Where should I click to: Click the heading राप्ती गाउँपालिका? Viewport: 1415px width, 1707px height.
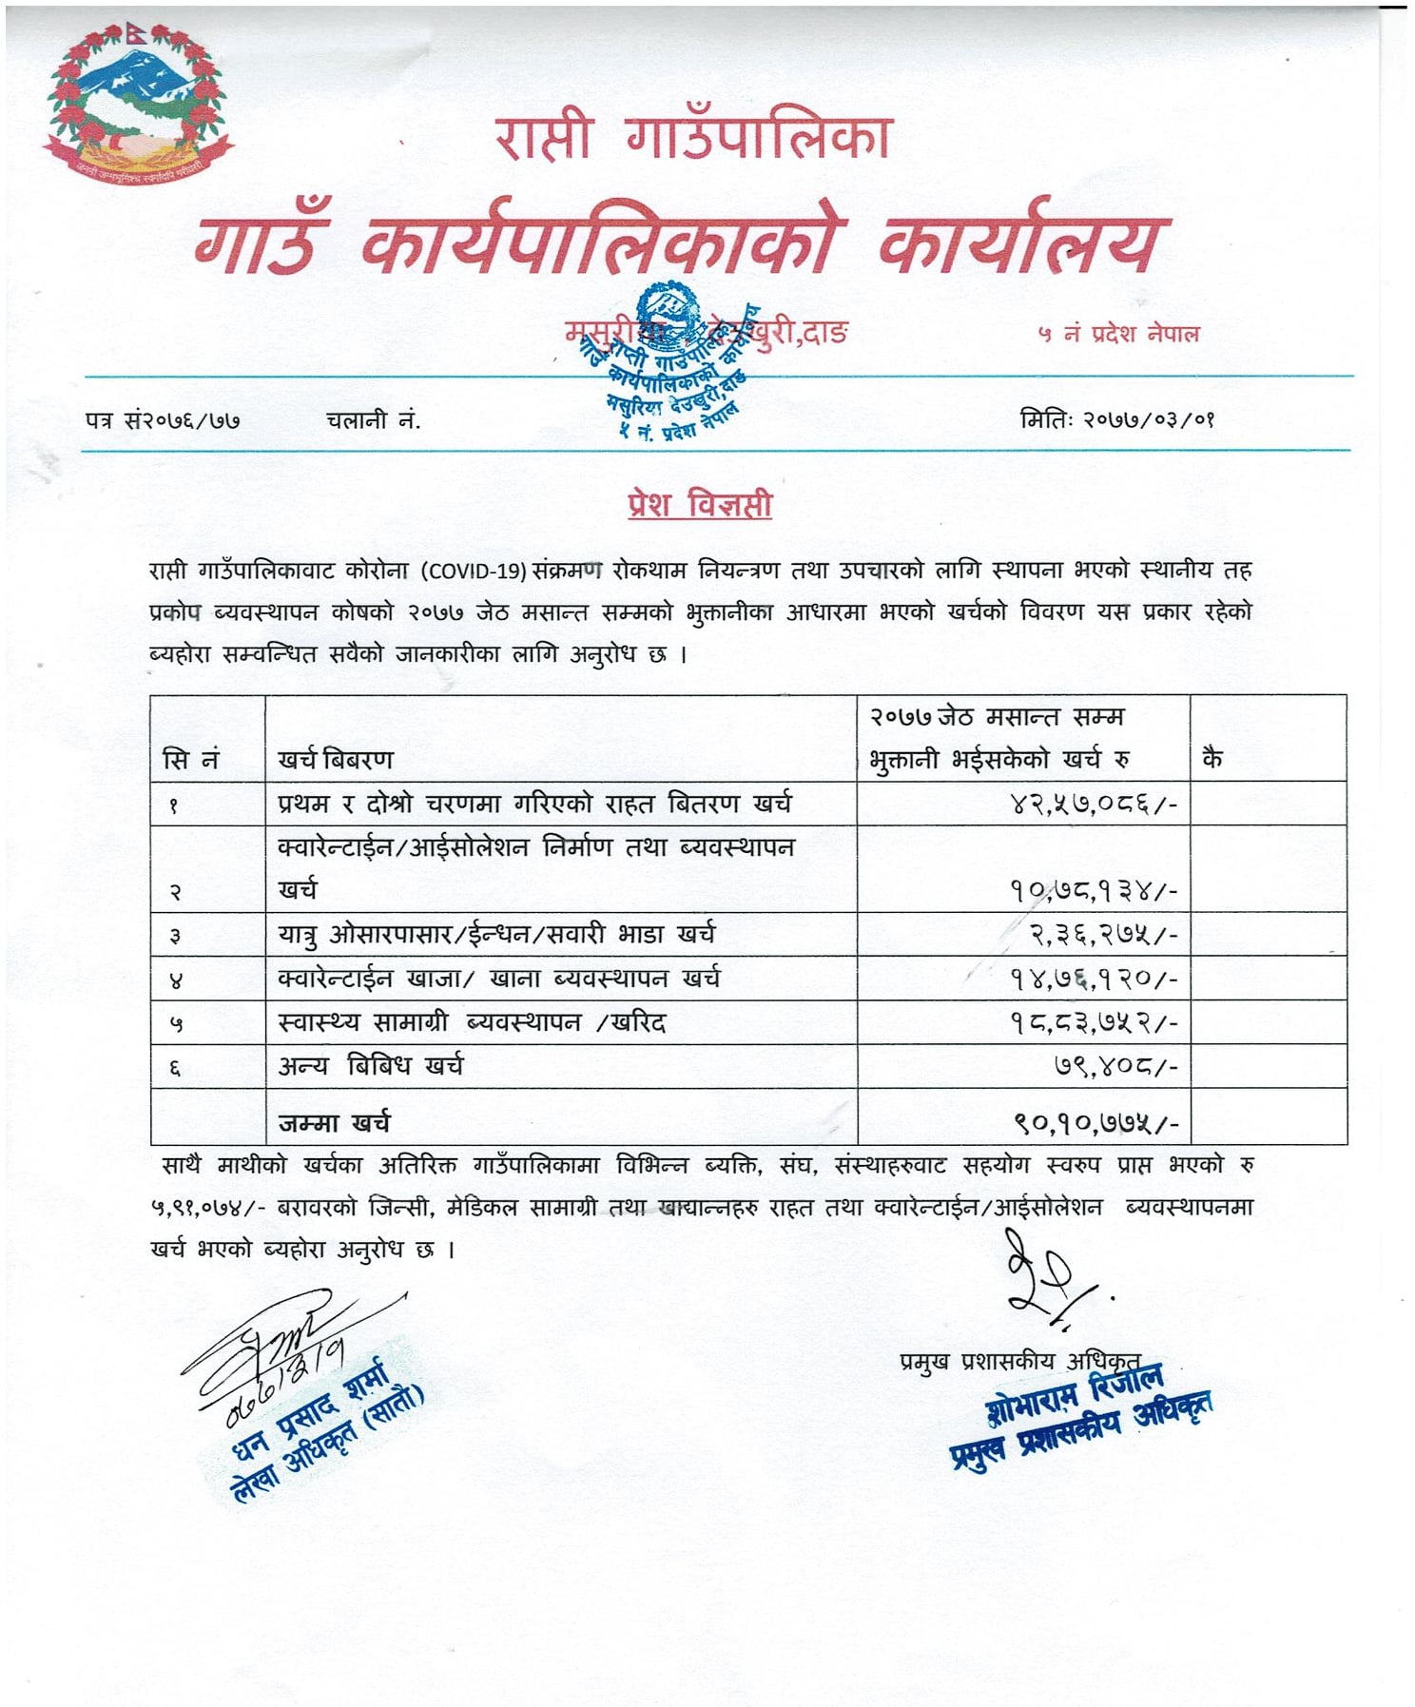point(692,138)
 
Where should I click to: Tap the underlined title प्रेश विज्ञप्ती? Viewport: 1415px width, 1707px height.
point(699,504)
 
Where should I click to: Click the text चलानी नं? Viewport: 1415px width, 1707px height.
point(372,419)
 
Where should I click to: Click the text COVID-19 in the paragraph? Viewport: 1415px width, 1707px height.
point(476,571)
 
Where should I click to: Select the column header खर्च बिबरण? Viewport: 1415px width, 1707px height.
point(335,759)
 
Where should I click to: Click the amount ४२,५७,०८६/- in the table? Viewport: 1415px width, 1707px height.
point(1094,805)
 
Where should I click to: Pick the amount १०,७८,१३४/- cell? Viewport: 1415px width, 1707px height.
point(1094,891)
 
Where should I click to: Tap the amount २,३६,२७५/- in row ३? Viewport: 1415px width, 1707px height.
point(1104,935)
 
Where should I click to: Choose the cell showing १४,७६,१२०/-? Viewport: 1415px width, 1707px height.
point(1094,979)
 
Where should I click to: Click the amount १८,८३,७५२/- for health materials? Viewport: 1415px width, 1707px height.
point(1094,1023)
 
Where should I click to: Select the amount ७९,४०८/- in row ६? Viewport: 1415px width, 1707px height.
point(1115,1067)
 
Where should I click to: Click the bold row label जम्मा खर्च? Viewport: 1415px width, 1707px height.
point(334,1123)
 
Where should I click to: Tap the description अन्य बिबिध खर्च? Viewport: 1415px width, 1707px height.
point(370,1066)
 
